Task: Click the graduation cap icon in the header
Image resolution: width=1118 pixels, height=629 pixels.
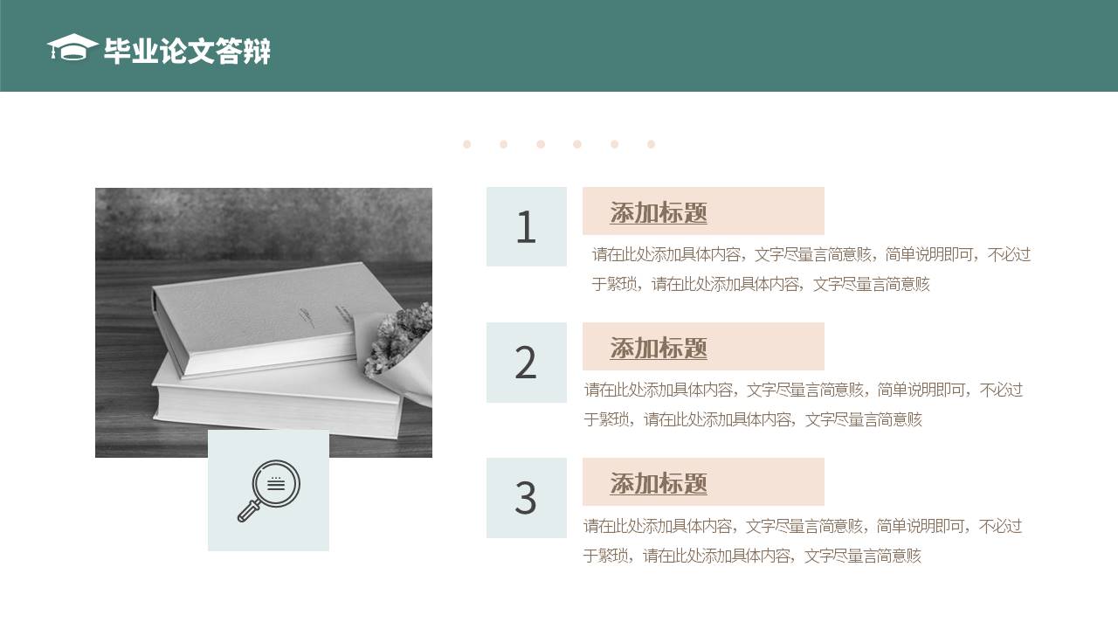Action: pos(72,48)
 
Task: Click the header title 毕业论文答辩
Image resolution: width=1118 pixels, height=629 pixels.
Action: pos(187,52)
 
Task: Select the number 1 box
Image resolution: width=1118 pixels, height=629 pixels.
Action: pos(526,227)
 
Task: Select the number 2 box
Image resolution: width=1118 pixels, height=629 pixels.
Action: pos(526,363)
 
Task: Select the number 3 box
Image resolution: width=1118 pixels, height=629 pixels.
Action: pos(526,498)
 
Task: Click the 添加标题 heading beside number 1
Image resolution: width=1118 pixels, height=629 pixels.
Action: pos(659,212)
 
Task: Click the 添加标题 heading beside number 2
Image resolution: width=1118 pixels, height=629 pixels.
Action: pos(659,348)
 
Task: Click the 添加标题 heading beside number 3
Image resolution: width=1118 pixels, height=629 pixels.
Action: pos(659,483)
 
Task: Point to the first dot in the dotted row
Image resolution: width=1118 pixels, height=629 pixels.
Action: pos(467,144)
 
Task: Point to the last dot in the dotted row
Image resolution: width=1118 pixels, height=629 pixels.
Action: pos(651,144)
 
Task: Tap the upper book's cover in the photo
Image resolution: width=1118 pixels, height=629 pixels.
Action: pos(262,306)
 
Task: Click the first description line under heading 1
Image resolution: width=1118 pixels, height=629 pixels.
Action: pos(811,254)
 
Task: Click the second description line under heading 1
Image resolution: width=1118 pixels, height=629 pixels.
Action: pos(760,284)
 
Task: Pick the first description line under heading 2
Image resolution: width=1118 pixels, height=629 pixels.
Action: pos(803,390)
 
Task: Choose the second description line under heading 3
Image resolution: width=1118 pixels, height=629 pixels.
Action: pos(752,556)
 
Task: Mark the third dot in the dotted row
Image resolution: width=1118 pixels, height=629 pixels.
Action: pos(541,144)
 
